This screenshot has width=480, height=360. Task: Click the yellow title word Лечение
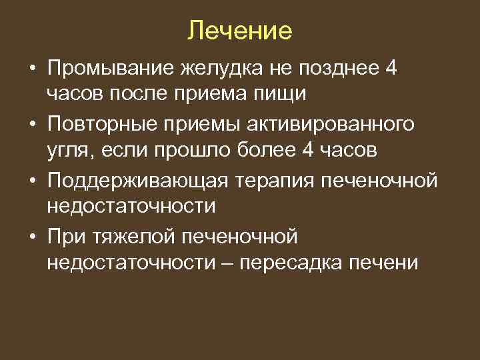(240, 31)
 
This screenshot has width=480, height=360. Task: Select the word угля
(71, 151)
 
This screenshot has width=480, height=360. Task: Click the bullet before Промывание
(32, 67)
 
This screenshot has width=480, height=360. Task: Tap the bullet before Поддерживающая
(32, 180)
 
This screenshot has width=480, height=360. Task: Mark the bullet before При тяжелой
(32, 236)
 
